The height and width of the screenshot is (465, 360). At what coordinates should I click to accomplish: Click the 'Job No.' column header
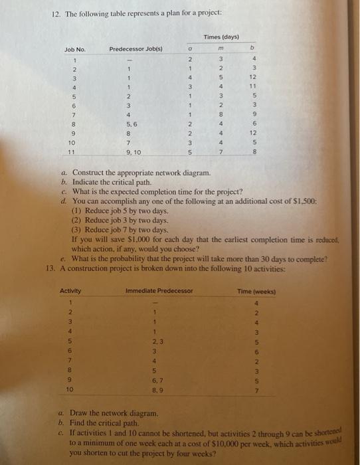(75, 50)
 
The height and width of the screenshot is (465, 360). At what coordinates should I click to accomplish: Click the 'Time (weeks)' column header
(256, 291)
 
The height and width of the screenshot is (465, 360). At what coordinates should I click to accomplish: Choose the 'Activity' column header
(70, 291)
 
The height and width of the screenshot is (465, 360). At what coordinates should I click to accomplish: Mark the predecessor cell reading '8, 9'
(155, 391)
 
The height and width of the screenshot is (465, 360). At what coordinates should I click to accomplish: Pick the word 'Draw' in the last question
(81, 413)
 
